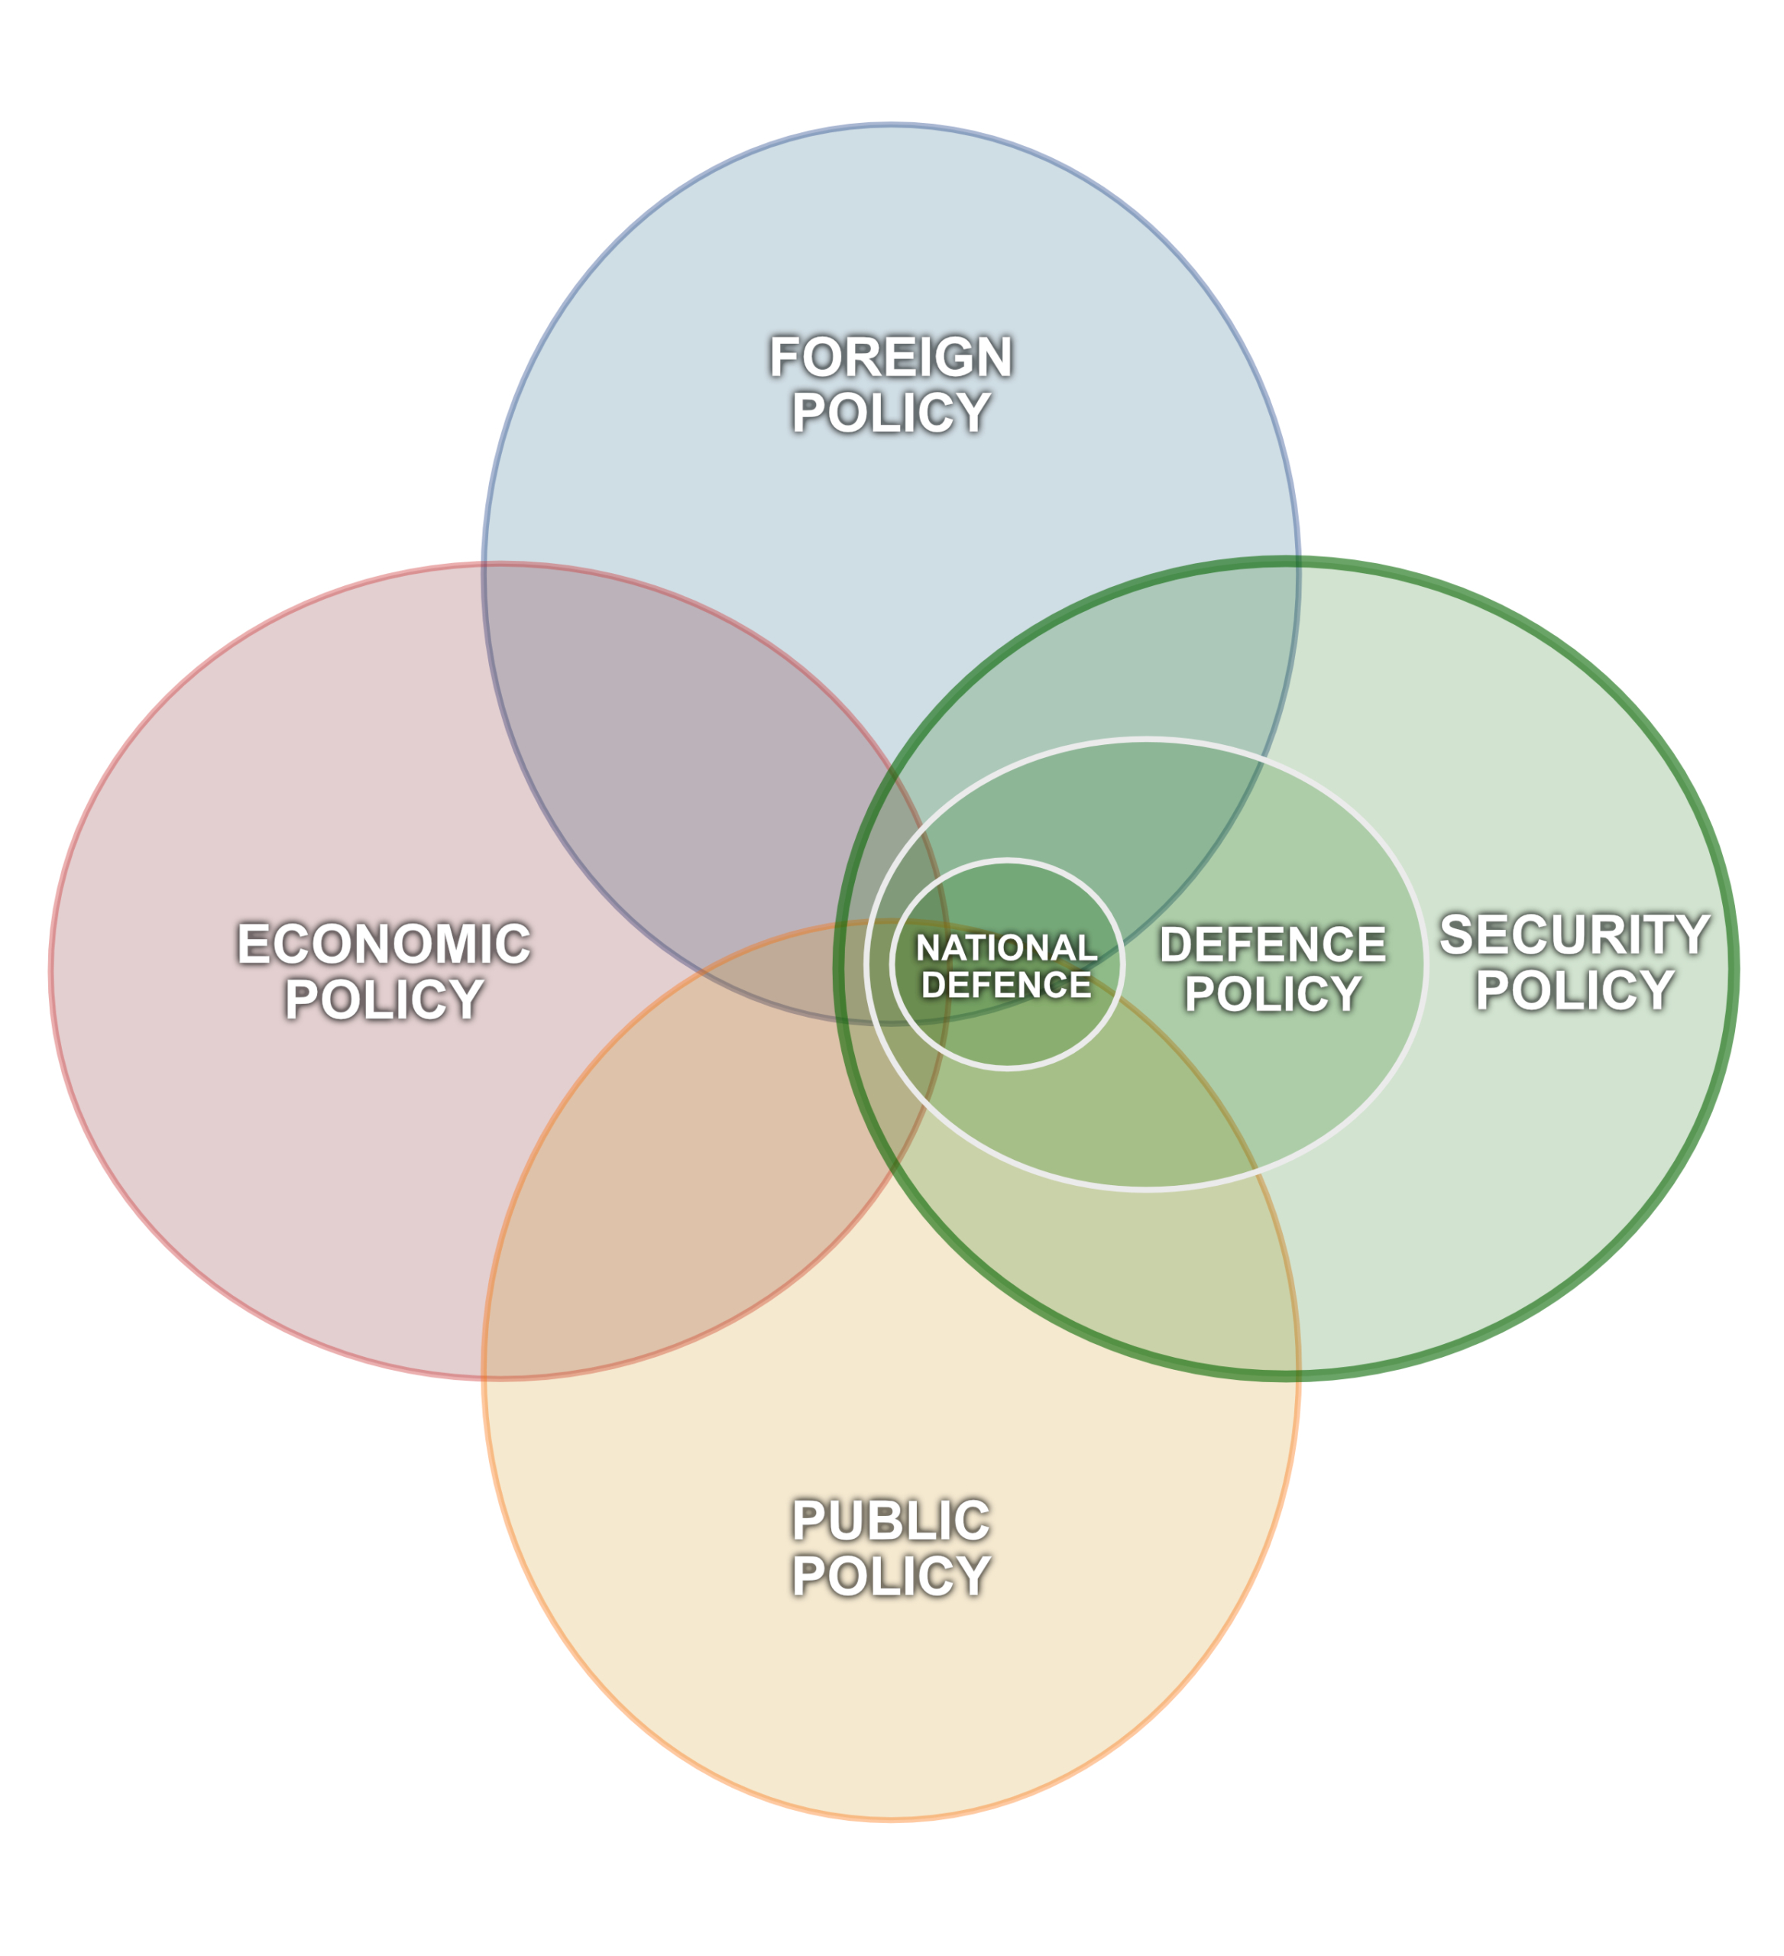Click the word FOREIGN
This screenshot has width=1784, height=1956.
point(891,356)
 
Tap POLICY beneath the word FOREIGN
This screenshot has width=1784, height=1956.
point(891,413)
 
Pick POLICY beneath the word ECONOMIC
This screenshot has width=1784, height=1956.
point(384,999)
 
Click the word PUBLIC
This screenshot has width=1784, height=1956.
point(891,1520)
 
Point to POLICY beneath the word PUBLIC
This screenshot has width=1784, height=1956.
point(891,1575)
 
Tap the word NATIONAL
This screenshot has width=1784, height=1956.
point(1006,948)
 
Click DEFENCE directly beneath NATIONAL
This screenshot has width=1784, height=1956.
point(1006,985)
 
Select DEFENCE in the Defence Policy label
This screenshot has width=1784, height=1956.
point(1273,944)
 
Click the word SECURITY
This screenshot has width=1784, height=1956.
point(1575,934)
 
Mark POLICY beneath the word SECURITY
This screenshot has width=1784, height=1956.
point(1575,989)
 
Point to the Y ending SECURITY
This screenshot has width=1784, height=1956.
point(1690,934)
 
